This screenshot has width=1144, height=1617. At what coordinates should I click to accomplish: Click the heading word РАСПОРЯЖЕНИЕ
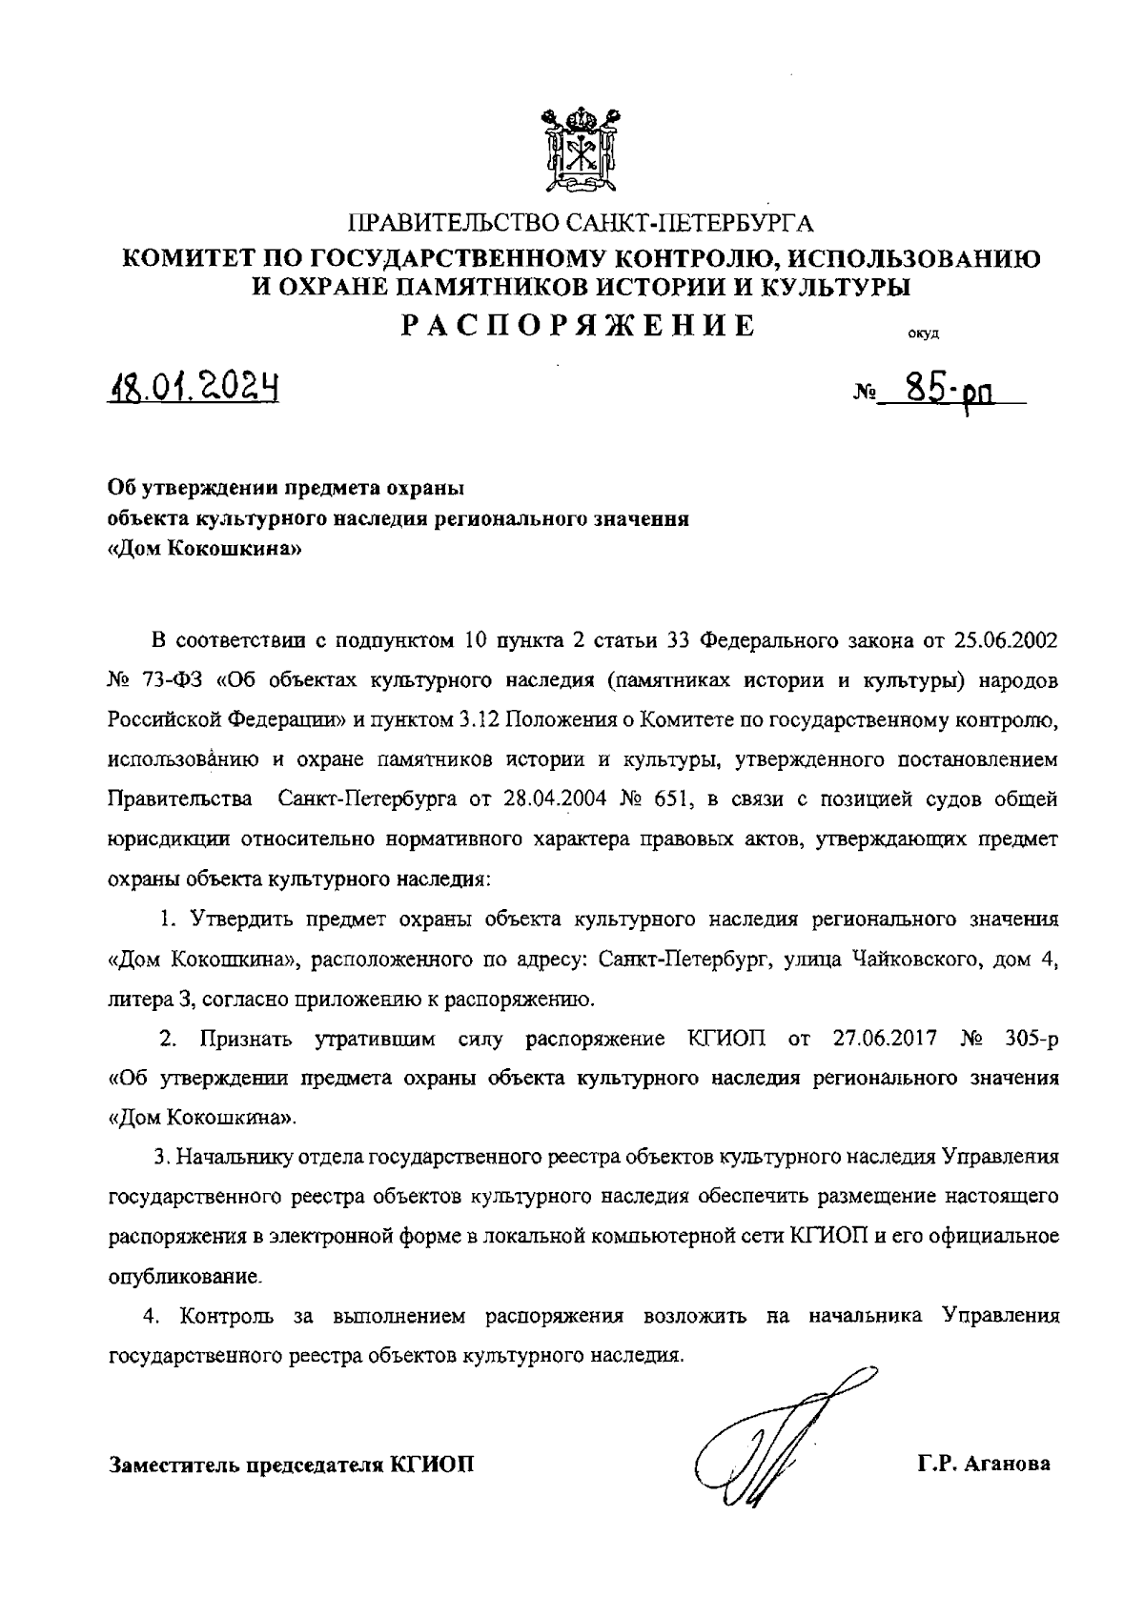point(578,326)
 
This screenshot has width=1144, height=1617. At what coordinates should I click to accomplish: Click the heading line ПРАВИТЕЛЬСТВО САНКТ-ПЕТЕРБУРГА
point(580,225)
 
